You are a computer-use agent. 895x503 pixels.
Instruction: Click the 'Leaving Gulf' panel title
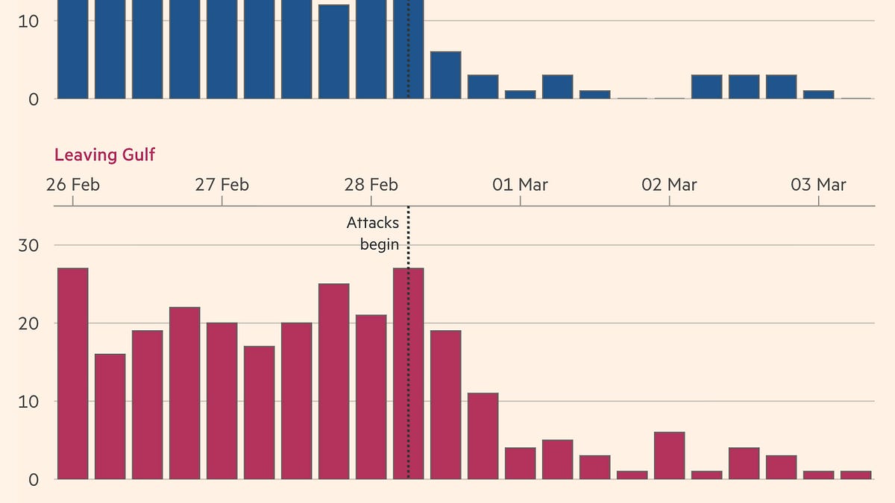pos(104,155)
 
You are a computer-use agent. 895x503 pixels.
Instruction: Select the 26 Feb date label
pos(72,184)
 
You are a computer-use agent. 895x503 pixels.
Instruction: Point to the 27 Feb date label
pos(222,184)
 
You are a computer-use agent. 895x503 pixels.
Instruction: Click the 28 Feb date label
pos(371,184)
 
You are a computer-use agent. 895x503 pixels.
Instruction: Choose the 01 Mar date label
pos(520,184)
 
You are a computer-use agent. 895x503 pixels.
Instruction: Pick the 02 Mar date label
pos(669,184)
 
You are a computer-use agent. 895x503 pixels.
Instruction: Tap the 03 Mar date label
pos(818,184)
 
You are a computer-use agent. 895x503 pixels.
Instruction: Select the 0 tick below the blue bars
pos(34,98)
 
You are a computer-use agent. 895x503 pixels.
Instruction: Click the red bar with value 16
pos(110,417)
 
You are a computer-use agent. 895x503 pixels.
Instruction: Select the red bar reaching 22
pos(185,393)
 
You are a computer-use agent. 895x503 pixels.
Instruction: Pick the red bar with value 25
pos(334,382)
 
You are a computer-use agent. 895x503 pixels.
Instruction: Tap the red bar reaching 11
pos(483,436)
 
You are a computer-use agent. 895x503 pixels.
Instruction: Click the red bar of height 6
pos(670,456)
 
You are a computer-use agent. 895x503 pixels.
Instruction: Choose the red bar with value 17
pos(260,413)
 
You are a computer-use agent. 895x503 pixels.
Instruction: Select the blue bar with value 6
pos(446,75)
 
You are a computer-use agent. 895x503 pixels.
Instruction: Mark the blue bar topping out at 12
pos(334,52)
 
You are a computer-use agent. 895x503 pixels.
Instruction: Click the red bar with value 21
pos(371,397)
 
